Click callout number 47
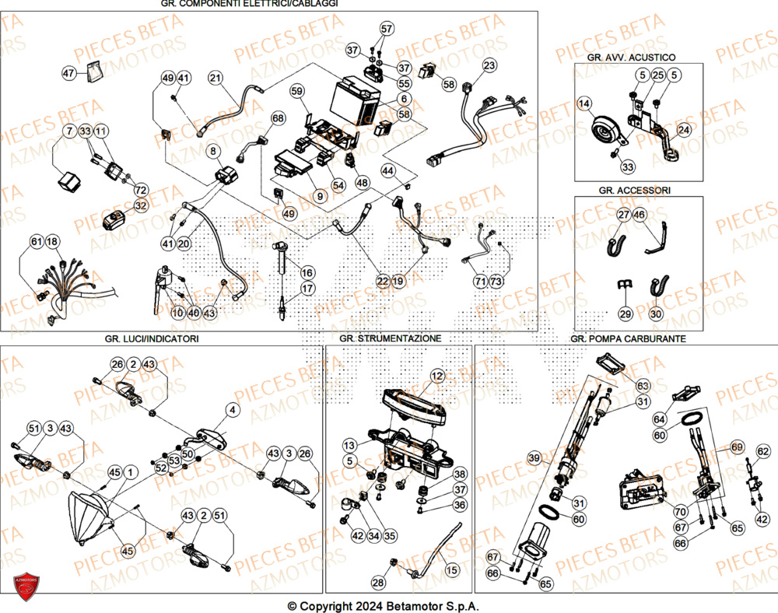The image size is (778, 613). (68, 73)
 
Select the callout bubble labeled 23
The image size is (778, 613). (488, 65)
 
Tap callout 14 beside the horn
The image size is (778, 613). (584, 103)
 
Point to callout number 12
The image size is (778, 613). (436, 377)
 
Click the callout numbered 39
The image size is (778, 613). (534, 457)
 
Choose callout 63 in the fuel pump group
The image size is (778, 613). (643, 386)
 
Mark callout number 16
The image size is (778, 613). (307, 272)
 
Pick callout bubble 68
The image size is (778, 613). (278, 118)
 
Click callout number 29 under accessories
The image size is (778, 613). (626, 314)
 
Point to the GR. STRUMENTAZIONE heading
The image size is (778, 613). (390, 338)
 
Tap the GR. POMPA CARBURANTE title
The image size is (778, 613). (628, 338)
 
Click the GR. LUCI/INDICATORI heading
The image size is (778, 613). (152, 338)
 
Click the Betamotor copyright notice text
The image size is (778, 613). (383, 606)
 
